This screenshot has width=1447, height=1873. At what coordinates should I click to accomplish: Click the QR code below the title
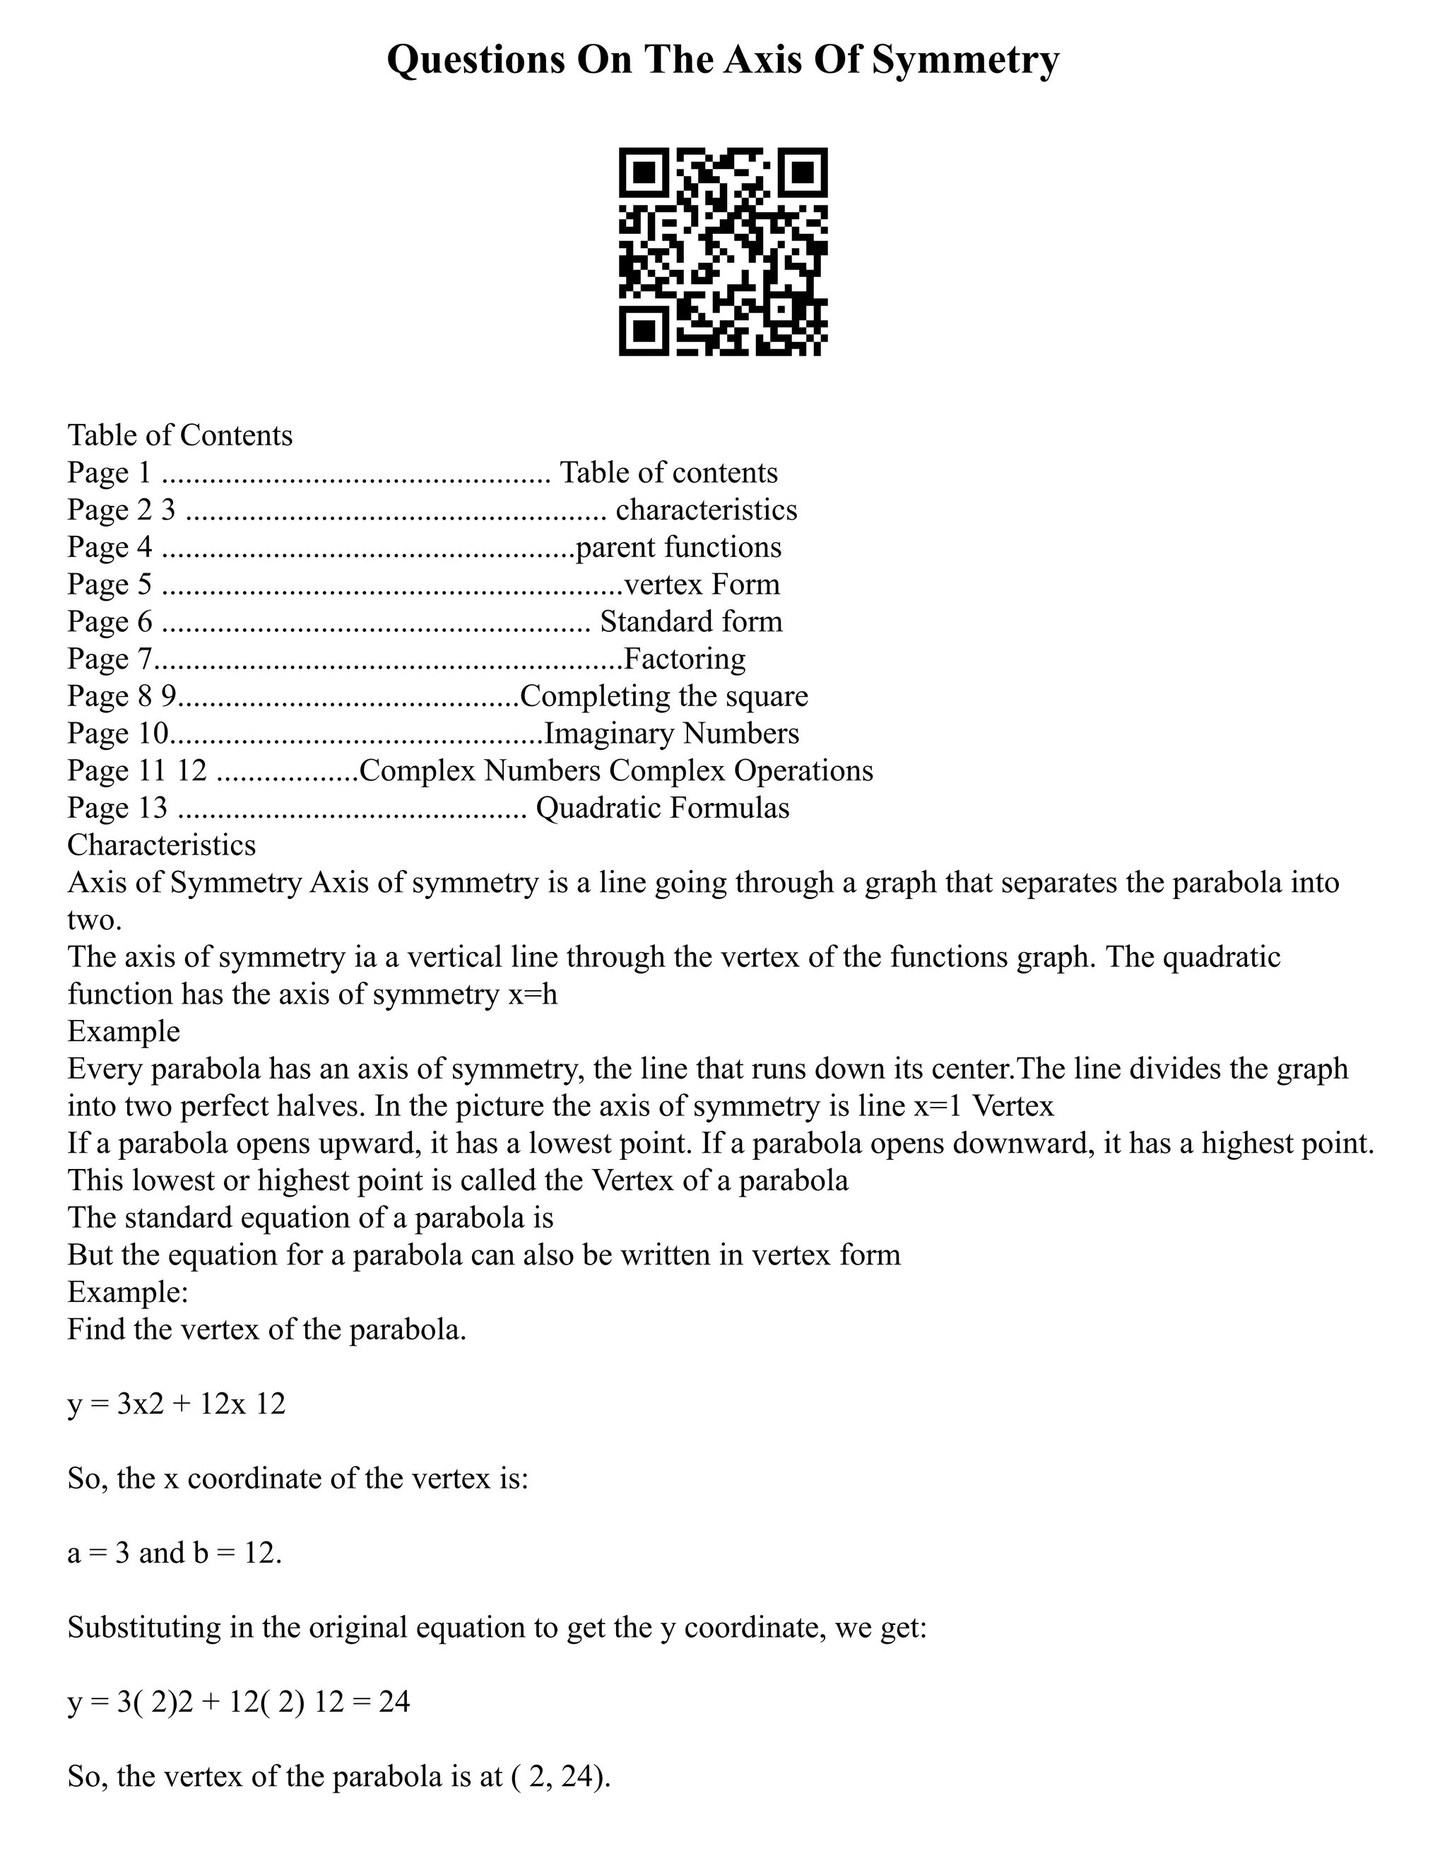click(723, 252)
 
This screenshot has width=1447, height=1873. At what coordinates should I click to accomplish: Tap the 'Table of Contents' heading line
click(180, 435)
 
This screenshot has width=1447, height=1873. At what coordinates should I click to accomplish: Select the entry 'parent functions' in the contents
click(678, 547)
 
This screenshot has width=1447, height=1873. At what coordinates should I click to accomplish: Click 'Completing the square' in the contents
click(663, 696)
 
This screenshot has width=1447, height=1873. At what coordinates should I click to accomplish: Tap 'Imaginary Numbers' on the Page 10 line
click(671, 733)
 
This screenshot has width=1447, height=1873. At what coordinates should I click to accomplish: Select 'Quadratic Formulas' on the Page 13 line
click(662, 808)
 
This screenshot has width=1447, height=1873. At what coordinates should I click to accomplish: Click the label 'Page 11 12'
click(137, 771)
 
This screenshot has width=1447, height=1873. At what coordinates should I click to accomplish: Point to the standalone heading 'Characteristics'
click(161, 845)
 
